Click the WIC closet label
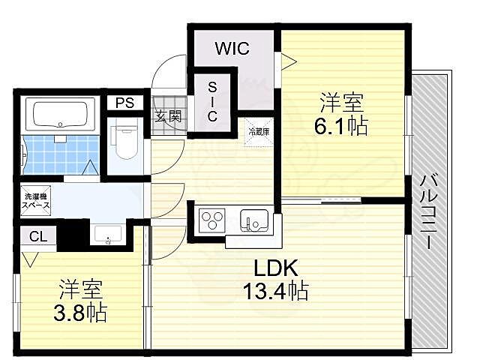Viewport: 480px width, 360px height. pos(232,49)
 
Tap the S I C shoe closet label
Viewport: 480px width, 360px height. pos(212,103)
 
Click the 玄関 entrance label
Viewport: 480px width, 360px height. pos(168,116)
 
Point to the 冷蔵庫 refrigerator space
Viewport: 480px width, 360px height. pos(259,131)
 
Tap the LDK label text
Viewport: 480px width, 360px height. pos(274,267)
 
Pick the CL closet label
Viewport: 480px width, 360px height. pos(37,236)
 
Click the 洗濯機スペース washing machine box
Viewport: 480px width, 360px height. pos(34,200)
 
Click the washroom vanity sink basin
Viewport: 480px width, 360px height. pos(110,235)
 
